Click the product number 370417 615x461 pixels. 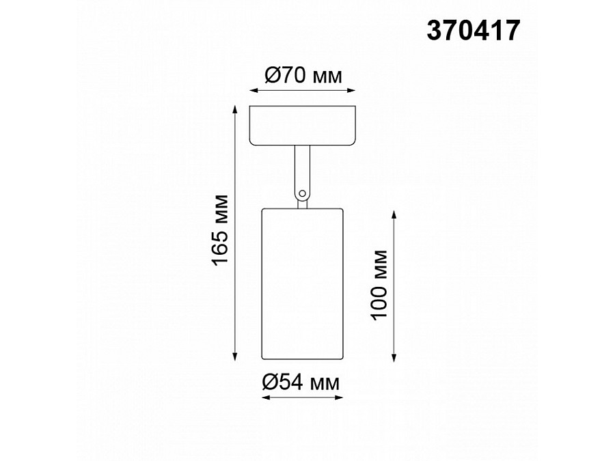click(472, 31)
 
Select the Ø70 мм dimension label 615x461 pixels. click(303, 76)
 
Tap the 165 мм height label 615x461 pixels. click(220, 232)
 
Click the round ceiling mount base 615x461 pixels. click(303, 126)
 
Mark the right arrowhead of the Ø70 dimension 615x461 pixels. click(353, 89)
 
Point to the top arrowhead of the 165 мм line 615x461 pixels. click(236, 109)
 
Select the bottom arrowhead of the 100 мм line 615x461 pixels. click(394, 357)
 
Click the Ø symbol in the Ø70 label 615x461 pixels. click(270, 76)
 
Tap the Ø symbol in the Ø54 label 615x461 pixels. click(270, 383)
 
